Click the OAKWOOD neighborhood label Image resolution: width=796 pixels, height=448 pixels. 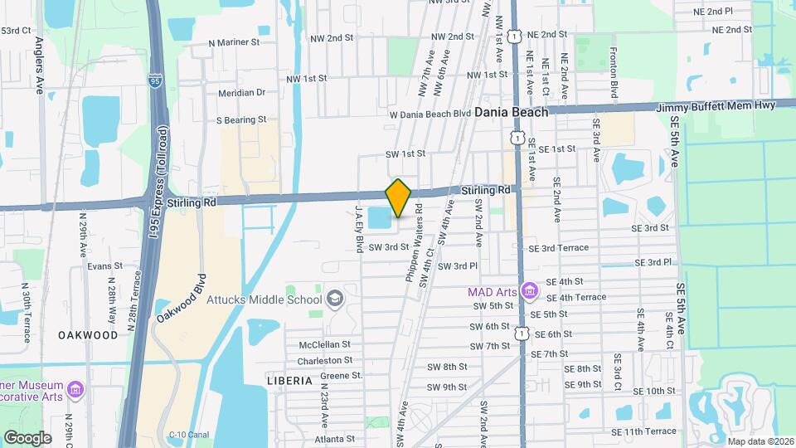(88, 335)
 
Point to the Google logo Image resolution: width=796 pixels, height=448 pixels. (27, 437)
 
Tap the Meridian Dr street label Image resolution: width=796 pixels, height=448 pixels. (241, 93)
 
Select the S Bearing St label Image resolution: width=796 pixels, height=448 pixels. (240, 120)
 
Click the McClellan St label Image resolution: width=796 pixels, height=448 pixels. (324, 344)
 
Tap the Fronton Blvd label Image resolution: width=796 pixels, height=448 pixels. (614, 75)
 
